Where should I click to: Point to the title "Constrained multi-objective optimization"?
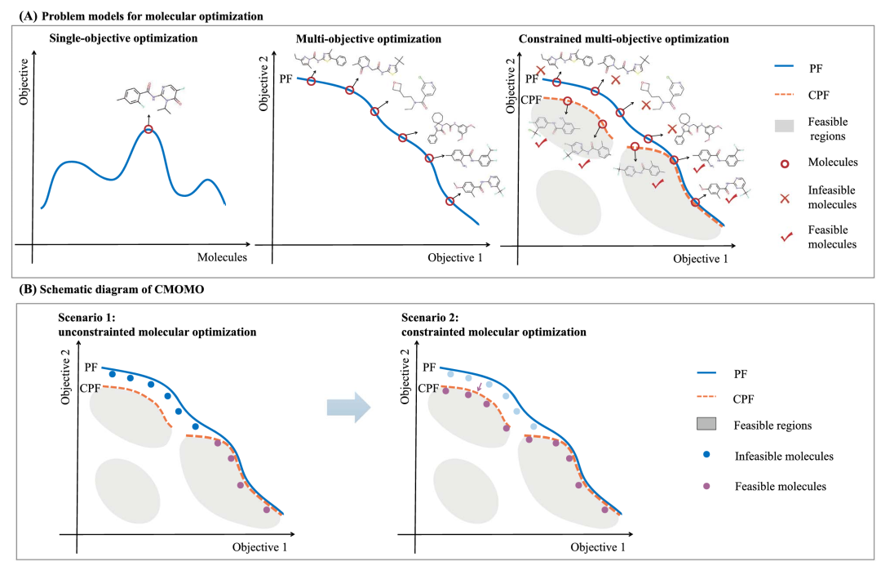coord(624,38)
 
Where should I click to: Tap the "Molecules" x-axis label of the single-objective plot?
coord(222,257)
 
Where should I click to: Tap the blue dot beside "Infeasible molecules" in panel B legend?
coord(706,455)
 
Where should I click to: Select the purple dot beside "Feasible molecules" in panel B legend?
coord(706,485)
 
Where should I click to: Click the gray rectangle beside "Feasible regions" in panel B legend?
coord(706,425)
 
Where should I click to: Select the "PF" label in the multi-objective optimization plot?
coord(286,78)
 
